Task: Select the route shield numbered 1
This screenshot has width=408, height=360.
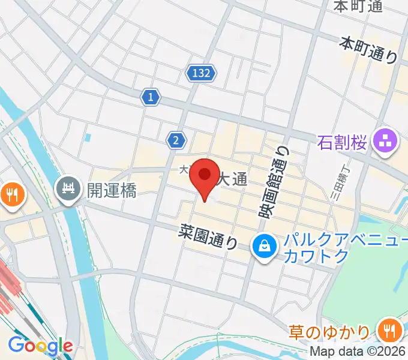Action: [151, 96]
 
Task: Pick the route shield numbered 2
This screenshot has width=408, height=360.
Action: [175, 140]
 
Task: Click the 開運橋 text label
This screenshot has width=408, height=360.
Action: [112, 191]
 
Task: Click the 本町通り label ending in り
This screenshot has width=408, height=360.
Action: [368, 50]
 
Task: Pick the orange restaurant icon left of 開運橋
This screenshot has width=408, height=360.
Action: [11, 193]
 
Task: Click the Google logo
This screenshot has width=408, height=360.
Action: [41, 346]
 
